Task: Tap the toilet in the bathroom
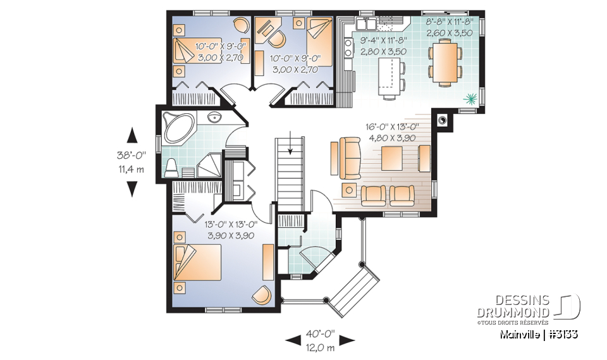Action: (x=170, y=168)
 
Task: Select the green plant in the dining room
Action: (x=469, y=98)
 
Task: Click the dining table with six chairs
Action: (x=445, y=61)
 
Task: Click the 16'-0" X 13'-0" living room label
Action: (x=392, y=127)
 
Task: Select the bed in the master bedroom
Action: (x=197, y=263)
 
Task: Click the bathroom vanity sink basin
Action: (x=214, y=117)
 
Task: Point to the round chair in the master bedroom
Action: (x=261, y=294)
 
